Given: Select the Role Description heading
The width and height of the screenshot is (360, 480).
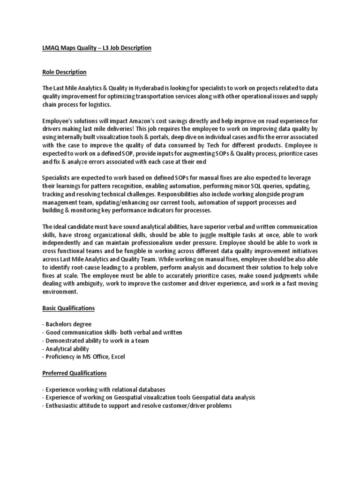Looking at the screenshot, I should pos(64,72).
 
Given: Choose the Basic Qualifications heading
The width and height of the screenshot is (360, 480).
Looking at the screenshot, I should pos(68,308).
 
